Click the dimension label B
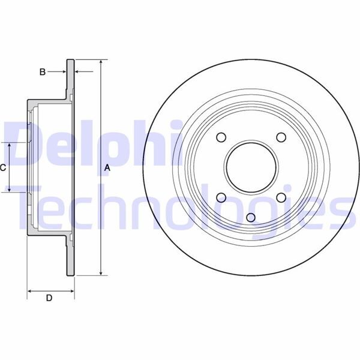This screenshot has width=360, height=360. coord(43,72)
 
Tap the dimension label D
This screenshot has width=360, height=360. coord(50,298)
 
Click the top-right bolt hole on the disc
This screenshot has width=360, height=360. coord(280,137)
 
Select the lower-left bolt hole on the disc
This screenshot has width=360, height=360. coord(221,197)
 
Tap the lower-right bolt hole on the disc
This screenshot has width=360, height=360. coord(280,197)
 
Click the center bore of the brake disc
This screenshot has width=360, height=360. coord(250,167)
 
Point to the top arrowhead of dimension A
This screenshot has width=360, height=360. coord(100,62)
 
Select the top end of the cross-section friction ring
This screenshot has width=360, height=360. coord(70,61)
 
